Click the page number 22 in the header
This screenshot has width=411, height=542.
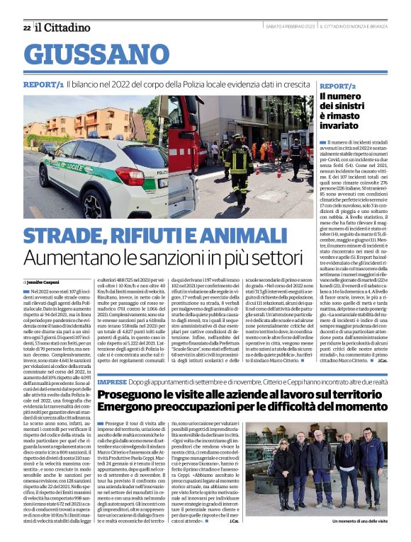[x=26, y=28]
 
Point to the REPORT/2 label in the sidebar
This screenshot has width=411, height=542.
[x=337, y=85]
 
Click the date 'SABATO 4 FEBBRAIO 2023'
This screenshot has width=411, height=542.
[x=290, y=27]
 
